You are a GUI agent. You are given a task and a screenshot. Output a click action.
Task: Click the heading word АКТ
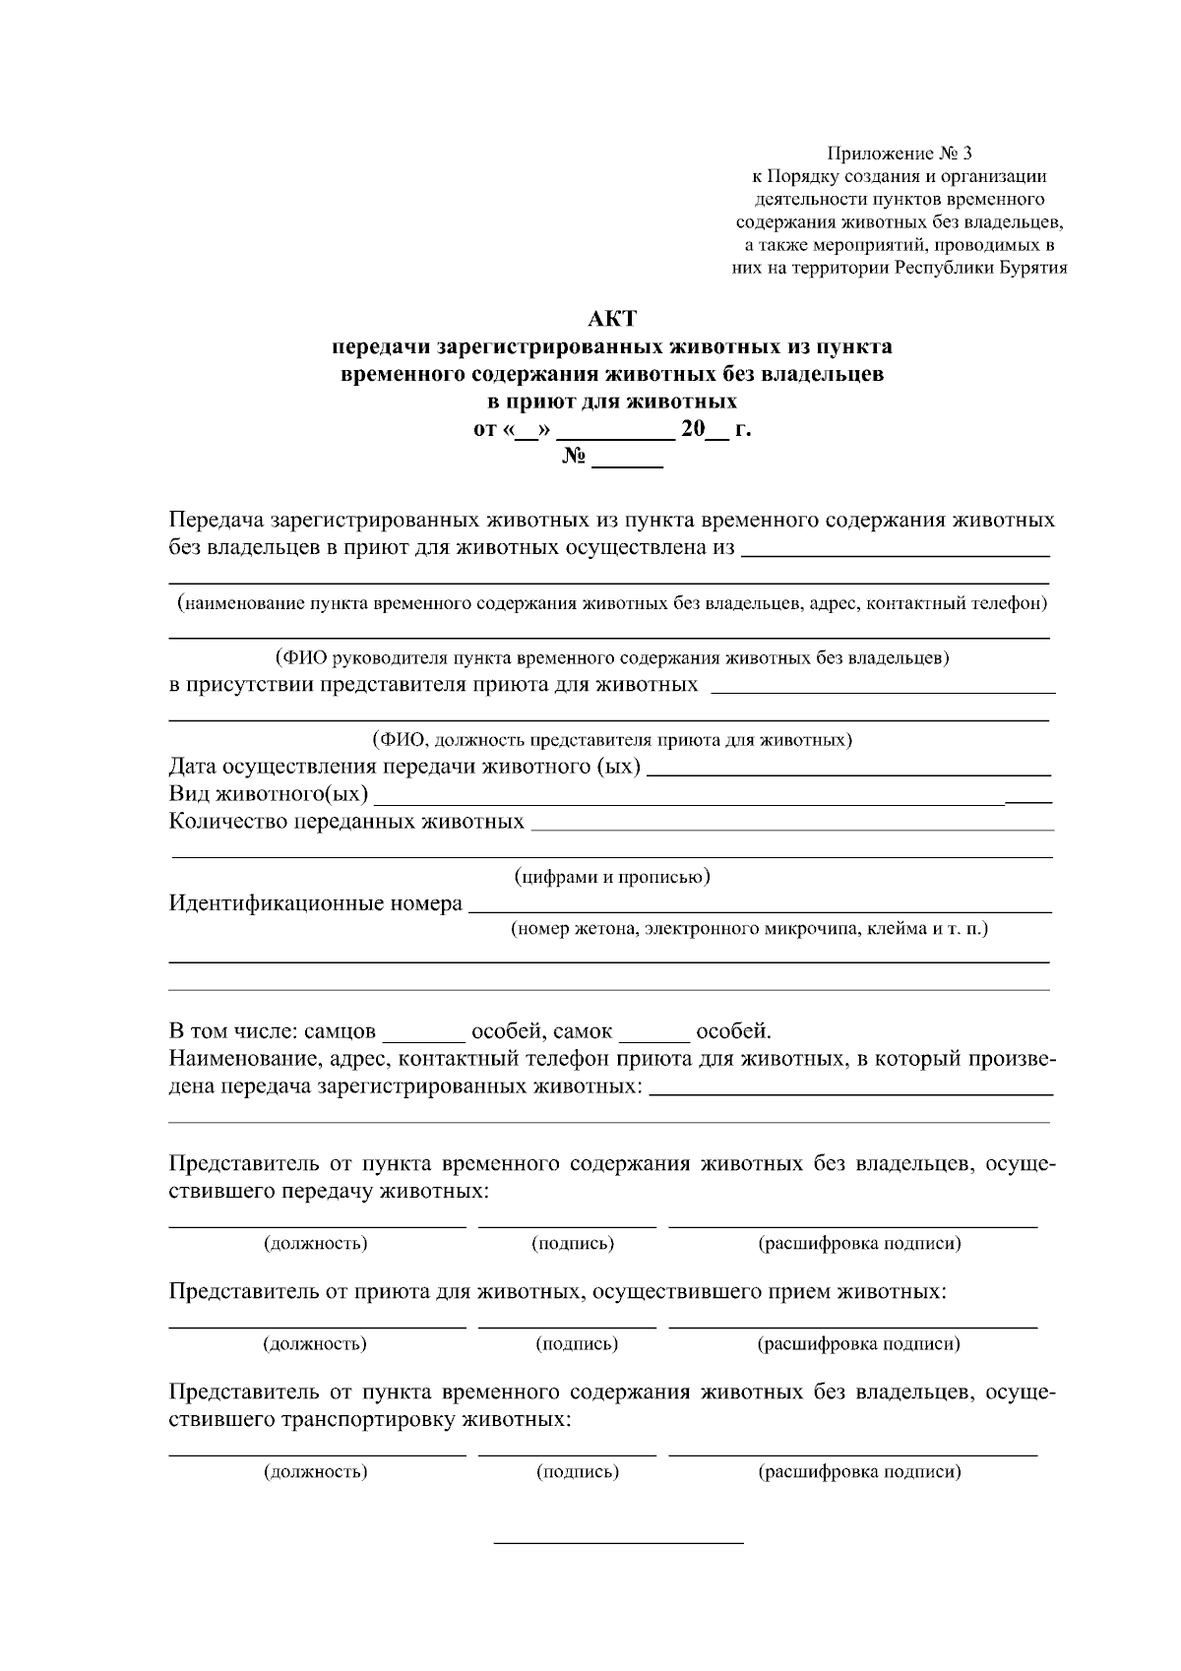pos(612,319)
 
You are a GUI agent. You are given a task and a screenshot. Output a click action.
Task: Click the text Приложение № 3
pos(900,154)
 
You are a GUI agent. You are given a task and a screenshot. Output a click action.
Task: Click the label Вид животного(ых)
pos(269,793)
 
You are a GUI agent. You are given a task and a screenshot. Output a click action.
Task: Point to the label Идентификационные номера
pos(315,902)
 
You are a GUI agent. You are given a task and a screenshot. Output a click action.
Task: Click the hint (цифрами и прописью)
pos(612,876)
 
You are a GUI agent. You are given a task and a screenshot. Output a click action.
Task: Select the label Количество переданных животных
pos(346,821)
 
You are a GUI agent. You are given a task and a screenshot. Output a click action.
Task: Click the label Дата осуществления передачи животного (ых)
pos(404,766)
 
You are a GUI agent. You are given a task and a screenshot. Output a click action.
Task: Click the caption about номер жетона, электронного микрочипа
pos(749,928)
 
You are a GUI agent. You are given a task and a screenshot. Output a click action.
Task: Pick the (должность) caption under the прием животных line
pos(315,1343)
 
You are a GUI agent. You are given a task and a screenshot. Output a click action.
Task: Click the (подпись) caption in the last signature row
pos(577,1472)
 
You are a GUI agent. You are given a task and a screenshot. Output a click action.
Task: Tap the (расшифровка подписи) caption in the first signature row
pos(858,1243)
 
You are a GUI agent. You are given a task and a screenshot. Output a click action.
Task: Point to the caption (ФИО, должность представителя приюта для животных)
pos(611,739)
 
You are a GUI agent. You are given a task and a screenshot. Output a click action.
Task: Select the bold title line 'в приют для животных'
pos(612,402)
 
